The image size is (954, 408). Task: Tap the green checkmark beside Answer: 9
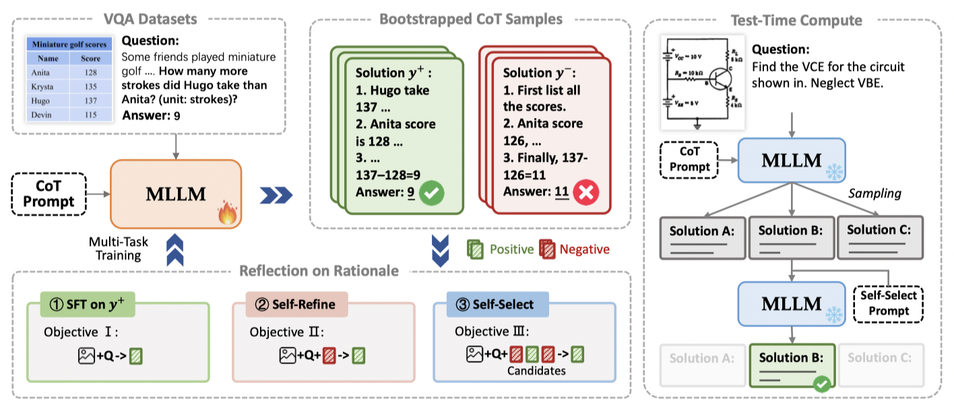click(432, 194)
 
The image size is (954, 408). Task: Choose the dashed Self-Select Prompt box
click(889, 304)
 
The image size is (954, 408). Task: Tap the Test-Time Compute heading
click(796, 20)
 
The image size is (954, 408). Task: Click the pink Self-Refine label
click(290, 304)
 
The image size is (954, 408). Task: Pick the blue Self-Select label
click(491, 304)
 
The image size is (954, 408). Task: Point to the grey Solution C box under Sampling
click(879, 238)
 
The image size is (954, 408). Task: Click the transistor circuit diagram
click(703, 87)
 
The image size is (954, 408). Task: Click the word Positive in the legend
click(511, 249)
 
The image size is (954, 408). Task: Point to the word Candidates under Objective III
click(536, 370)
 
